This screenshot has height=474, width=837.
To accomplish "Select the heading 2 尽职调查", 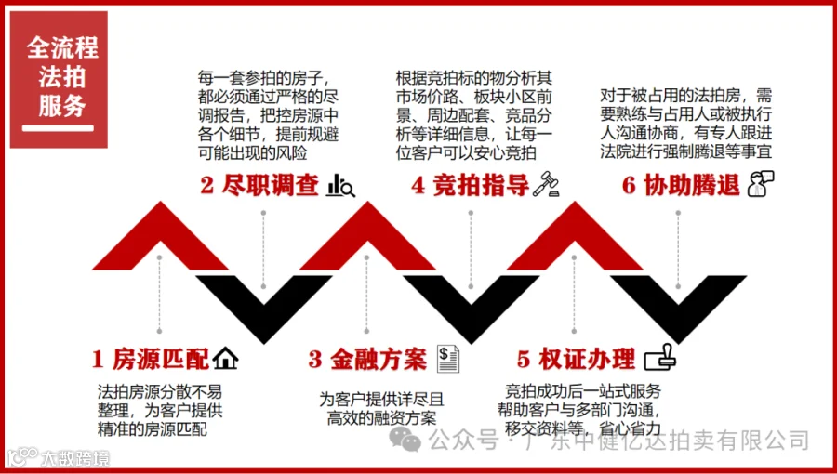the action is click(x=259, y=185).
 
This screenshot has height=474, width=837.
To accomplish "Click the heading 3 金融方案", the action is click(x=367, y=359).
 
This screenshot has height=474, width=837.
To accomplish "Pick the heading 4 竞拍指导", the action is click(x=470, y=185).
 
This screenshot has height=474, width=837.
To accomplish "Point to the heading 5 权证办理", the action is click(x=576, y=359).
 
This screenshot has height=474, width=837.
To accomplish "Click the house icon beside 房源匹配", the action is click(x=226, y=358).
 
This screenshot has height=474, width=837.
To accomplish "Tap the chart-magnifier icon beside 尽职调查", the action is click(x=342, y=186).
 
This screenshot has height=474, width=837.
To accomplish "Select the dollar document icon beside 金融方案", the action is click(x=449, y=357).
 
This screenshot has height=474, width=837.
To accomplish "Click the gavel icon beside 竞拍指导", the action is click(x=546, y=185).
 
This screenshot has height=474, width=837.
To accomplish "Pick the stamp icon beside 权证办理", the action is click(x=661, y=357).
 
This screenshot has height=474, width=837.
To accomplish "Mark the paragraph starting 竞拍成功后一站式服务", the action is click(x=583, y=410).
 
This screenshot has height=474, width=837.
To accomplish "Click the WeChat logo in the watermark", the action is click(x=405, y=439).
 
